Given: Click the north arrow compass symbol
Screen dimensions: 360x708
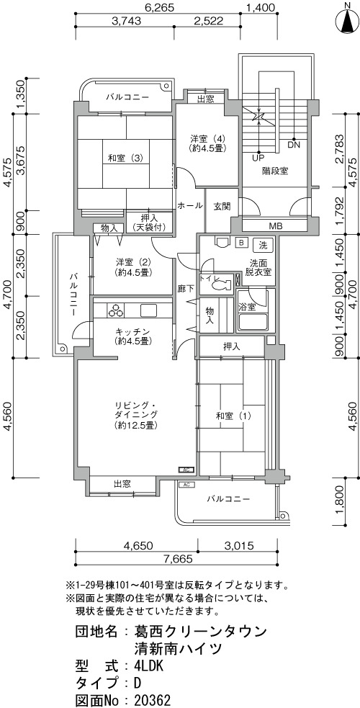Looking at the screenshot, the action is click(x=347, y=21).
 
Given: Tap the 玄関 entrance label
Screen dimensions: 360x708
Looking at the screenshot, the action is click(x=222, y=206).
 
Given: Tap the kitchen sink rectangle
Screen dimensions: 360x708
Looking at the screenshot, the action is click(x=149, y=310).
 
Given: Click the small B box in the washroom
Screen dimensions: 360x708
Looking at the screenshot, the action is click(x=241, y=243).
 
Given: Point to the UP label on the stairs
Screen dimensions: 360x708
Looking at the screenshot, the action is click(x=258, y=158).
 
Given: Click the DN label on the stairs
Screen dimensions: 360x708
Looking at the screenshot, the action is click(x=294, y=145).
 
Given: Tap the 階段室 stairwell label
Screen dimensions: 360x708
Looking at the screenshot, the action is click(x=275, y=171).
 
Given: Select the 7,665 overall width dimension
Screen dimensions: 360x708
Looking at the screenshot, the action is click(x=179, y=559).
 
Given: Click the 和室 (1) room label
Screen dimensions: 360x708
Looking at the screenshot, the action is click(x=228, y=416).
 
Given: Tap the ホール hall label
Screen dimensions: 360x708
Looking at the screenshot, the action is click(x=190, y=206).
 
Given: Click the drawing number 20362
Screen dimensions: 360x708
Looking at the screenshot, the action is click(x=153, y=700).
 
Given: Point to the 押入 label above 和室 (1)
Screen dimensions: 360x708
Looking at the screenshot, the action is click(x=231, y=346).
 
